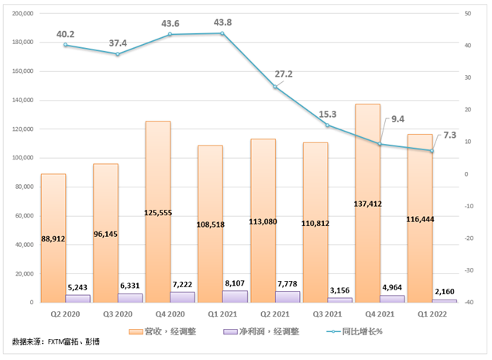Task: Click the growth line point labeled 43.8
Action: [x=222, y=33]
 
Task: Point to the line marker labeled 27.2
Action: [x=275, y=87]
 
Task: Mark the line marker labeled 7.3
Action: [x=432, y=150]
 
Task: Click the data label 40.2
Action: [x=65, y=34]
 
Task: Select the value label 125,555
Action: [x=158, y=211]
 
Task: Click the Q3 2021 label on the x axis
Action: [x=327, y=314]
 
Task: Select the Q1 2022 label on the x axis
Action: [x=432, y=314]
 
